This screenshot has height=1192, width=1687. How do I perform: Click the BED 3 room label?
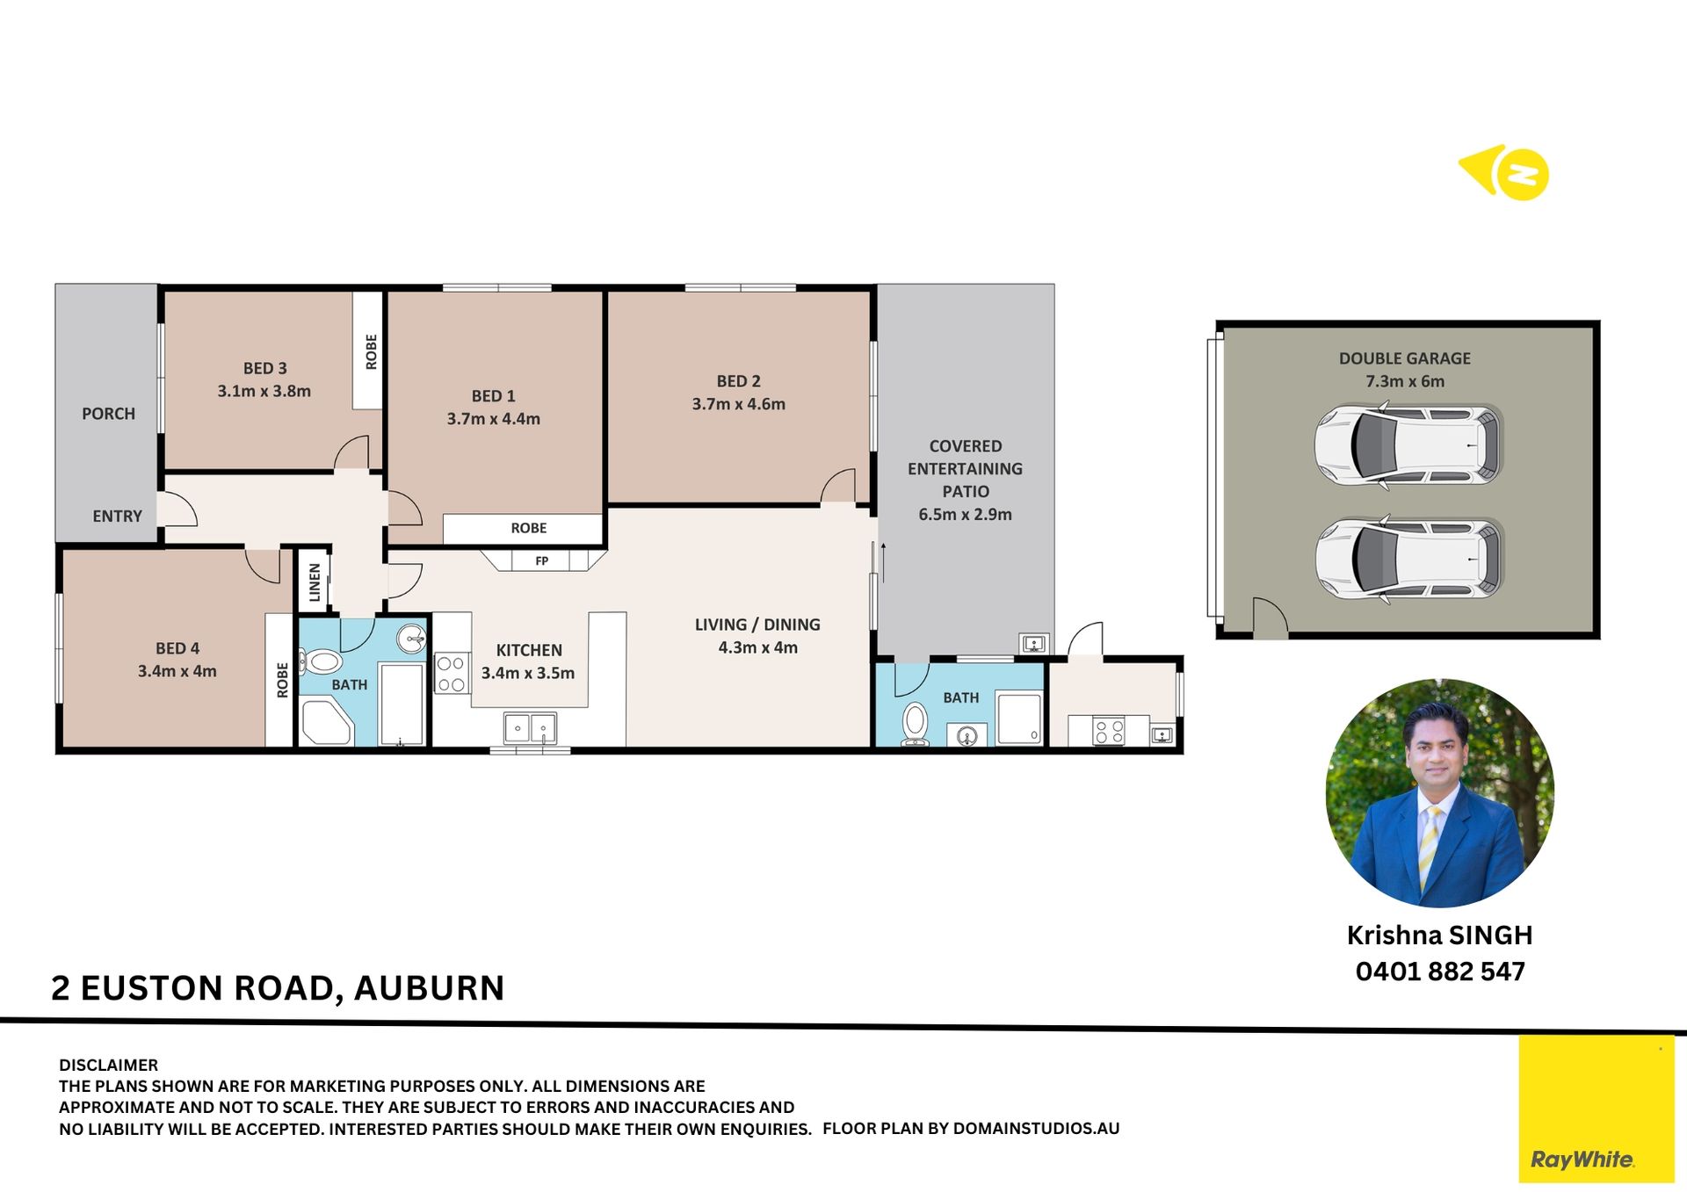pyautogui.click(x=264, y=368)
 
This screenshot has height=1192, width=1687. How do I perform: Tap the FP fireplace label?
pyautogui.click(x=542, y=561)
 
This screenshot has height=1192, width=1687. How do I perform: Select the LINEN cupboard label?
pyautogui.click(x=315, y=582)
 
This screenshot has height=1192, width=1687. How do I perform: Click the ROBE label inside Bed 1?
pyautogui.click(x=528, y=528)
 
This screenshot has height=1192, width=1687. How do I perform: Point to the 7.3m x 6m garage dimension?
pyautogui.click(x=1405, y=381)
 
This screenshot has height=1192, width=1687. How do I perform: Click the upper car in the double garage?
pyautogui.click(x=1408, y=445)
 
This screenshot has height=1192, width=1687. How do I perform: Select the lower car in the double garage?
pyautogui.click(x=1408, y=559)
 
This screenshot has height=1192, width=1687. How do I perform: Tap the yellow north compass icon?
pyautogui.click(x=1504, y=173)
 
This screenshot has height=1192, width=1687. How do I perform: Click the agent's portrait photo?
pyautogui.click(x=1439, y=793)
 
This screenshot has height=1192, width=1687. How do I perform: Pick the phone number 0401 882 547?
pyautogui.click(x=1440, y=972)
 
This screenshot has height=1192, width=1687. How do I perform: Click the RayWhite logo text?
pyautogui.click(x=1582, y=1159)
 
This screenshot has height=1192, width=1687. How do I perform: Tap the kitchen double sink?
pyautogui.click(x=530, y=728)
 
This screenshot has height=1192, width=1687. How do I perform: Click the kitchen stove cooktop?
pyautogui.click(x=452, y=674)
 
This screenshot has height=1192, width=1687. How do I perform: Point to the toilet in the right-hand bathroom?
pyautogui.click(x=915, y=725)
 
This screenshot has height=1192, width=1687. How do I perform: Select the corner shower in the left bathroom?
pyautogui.click(x=326, y=722)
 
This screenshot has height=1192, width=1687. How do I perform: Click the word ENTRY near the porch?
pyautogui.click(x=117, y=517)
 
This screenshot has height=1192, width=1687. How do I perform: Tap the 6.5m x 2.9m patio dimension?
pyautogui.click(x=965, y=515)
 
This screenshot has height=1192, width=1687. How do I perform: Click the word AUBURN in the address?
pyautogui.click(x=429, y=988)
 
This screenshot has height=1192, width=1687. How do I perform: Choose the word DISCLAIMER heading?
pyautogui.click(x=109, y=1066)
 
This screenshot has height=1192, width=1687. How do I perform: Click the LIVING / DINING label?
pyautogui.click(x=757, y=625)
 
